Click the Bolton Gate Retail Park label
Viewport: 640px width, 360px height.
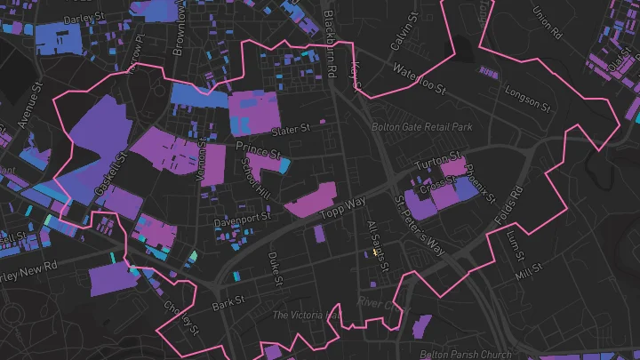422,128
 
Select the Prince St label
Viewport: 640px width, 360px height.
258,149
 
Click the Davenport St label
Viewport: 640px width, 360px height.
242,216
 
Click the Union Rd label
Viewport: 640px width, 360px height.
547,23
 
